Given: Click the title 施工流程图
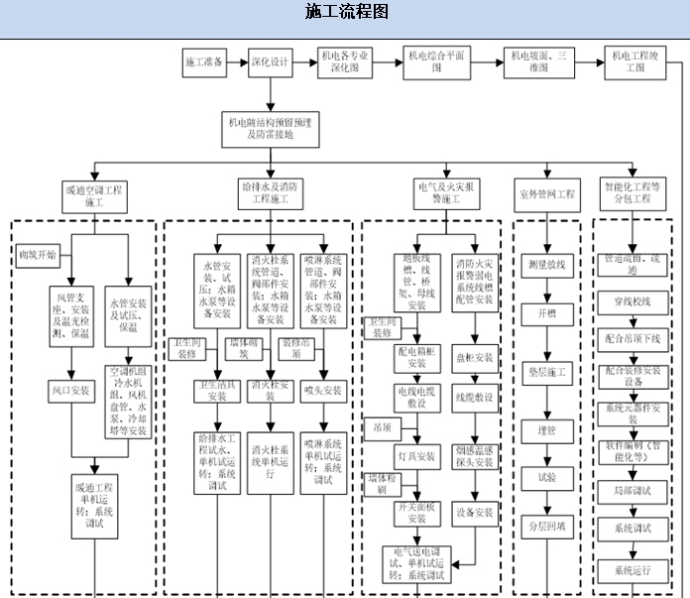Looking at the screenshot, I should (x=346, y=12).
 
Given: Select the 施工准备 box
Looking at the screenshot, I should (x=205, y=61).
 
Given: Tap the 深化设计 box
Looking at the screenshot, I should (x=269, y=61).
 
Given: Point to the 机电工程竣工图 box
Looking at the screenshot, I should (x=635, y=62).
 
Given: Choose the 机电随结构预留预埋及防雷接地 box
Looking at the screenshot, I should (x=269, y=127).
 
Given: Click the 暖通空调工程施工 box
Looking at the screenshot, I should (x=94, y=193).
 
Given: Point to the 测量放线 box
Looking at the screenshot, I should (x=546, y=265).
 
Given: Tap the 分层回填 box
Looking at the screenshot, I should (x=547, y=526).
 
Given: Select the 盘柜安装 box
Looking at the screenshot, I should (x=475, y=357).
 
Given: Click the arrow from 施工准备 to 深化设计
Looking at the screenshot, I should (x=234, y=61).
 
